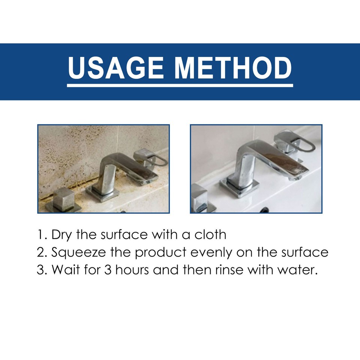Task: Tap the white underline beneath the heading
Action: point(180,86)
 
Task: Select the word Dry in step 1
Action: point(61,235)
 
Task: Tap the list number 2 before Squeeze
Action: point(40,252)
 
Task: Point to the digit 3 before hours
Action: point(108,270)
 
